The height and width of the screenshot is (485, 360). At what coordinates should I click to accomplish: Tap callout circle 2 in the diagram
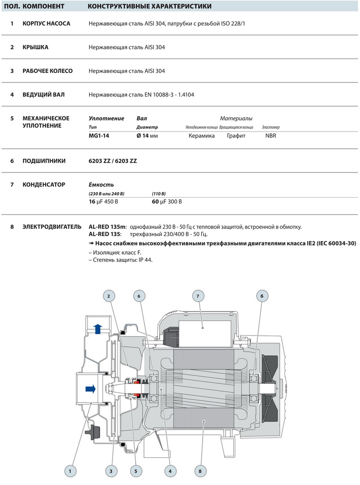(109, 296)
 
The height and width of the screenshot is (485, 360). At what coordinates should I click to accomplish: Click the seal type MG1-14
(99, 136)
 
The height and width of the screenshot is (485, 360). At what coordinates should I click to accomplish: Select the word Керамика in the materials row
(202, 136)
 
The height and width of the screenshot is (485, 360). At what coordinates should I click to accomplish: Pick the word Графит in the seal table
(236, 136)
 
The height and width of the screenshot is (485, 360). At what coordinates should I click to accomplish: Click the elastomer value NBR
(271, 136)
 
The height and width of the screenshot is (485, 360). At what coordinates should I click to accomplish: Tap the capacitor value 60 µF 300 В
(167, 202)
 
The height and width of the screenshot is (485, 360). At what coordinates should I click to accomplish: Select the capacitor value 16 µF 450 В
(103, 202)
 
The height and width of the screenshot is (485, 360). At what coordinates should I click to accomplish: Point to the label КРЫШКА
(36, 47)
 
